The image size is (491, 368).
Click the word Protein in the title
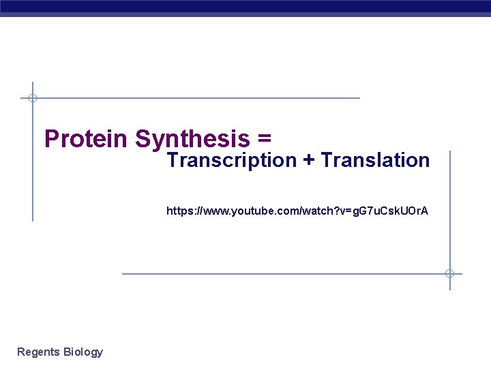(x=86, y=139)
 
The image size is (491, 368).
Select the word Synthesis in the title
(x=193, y=139)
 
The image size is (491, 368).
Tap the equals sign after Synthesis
(x=265, y=139)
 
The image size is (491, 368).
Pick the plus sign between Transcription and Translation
(x=309, y=161)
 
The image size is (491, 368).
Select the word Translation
(x=376, y=161)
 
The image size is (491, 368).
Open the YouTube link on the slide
(x=297, y=211)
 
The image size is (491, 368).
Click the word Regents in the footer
(x=38, y=352)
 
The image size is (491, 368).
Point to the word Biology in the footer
(x=83, y=352)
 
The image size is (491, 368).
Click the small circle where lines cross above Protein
(x=32, y=98)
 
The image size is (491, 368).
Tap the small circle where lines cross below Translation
(x=449, y=274)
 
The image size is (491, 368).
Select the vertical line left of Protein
(x=32, y=170)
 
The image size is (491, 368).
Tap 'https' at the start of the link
(x=178, y=211)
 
